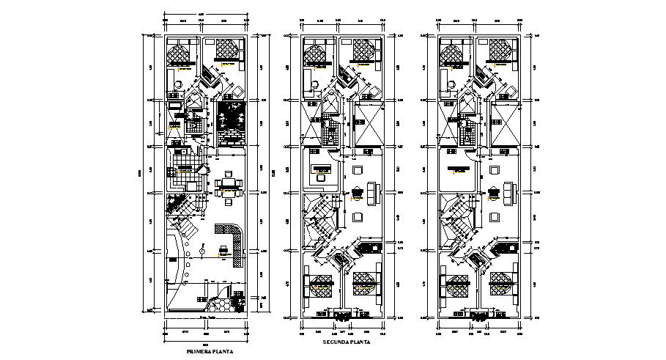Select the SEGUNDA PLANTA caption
346,342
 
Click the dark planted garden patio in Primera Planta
234,122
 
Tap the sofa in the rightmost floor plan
508,193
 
